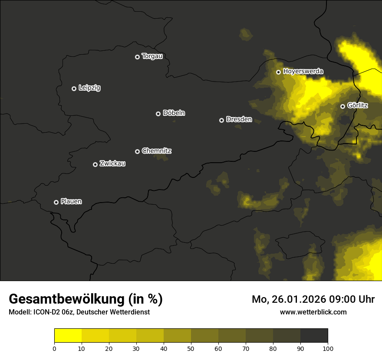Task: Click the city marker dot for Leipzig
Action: (x=74, y=88)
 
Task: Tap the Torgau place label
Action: (x=152, y=56)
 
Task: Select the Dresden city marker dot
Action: (x=221, y=120)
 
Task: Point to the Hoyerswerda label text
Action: (x=303, y=71)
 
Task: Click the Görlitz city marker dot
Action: (x=342, y=106)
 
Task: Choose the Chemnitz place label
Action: (x=156, y=151)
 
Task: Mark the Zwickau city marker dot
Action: (x=95, y=164)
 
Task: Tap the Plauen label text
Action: (x=71, y=202)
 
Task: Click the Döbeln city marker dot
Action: (x=158, y=114)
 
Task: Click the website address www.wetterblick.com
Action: (x=313, y=312)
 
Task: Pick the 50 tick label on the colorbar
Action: (x=191, y=348)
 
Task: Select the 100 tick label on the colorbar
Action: (x=328, y=348)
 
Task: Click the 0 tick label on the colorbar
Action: (x=54, y=348)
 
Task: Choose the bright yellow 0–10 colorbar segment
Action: (x=68, y=336)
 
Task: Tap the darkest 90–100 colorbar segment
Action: (x=314, y=336)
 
